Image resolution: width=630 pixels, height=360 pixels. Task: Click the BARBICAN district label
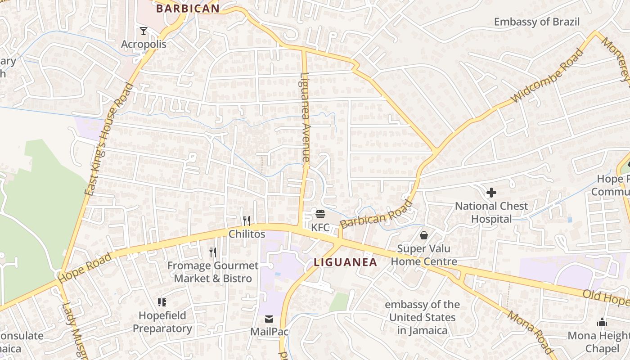(188, 8)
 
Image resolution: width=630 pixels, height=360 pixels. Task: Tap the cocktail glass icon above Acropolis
(144, 31)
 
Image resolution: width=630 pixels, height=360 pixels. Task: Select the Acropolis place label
(144, 44)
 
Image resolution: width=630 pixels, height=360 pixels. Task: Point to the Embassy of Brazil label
(536, 22)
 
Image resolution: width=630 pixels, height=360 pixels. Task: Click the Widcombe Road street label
(548, 76)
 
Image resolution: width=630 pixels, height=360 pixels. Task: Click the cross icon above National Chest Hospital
(491, 193)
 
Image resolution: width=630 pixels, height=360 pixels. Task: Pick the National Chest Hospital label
(491, 212)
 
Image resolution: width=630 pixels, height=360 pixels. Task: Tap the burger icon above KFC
(320, 214)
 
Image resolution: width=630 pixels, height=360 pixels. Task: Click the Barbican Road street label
(376, 215)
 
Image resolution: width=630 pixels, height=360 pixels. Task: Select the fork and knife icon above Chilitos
(247, 220)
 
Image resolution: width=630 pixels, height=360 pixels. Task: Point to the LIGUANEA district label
(345, 262)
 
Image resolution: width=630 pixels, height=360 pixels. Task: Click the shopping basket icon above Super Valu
(423, 235)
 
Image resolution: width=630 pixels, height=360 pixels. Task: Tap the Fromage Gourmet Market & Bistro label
(213, 272)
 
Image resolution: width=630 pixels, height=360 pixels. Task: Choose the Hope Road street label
(85, 268)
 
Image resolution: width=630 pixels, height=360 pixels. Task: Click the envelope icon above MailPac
(269, 319)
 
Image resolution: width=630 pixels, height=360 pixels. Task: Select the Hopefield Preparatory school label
(162, 322)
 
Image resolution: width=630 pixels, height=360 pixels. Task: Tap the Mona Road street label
(530, 332)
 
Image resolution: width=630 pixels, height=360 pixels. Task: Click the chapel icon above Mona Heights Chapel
(602, 322)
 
